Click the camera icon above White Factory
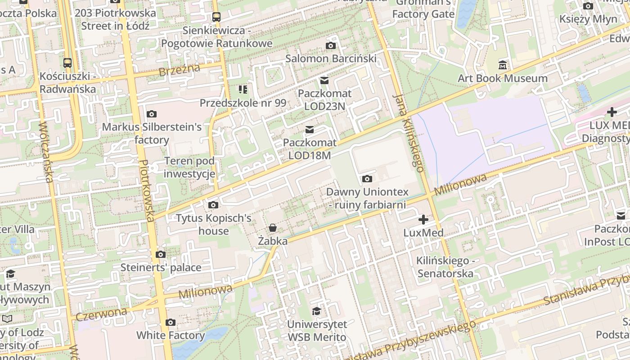(170, 322)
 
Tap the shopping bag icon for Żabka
(273, 228)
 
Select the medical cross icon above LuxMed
(423, 220)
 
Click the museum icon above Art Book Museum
(503, 65)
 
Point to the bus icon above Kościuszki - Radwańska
(67, 63)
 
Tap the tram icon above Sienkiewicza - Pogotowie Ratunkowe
(216, 17)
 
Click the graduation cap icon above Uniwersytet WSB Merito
(317, 311)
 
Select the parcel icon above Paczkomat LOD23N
(324, 81)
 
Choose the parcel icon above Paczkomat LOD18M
(310, 130)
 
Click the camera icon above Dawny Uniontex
(367, 179)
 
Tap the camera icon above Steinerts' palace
(161, 255)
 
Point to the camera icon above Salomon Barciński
(331, 45)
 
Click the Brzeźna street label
(179, 70)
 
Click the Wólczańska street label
(46, 153)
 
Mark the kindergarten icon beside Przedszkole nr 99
(243, 90)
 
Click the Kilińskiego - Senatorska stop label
(445, 267)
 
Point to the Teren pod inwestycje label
(189, 167)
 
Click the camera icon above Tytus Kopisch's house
(213, 205)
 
